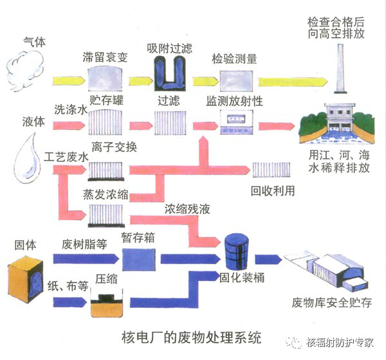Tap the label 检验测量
click(235, 59)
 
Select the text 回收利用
click(272, 191)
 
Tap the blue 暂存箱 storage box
click(138, 259)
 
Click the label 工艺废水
click(66, 156)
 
